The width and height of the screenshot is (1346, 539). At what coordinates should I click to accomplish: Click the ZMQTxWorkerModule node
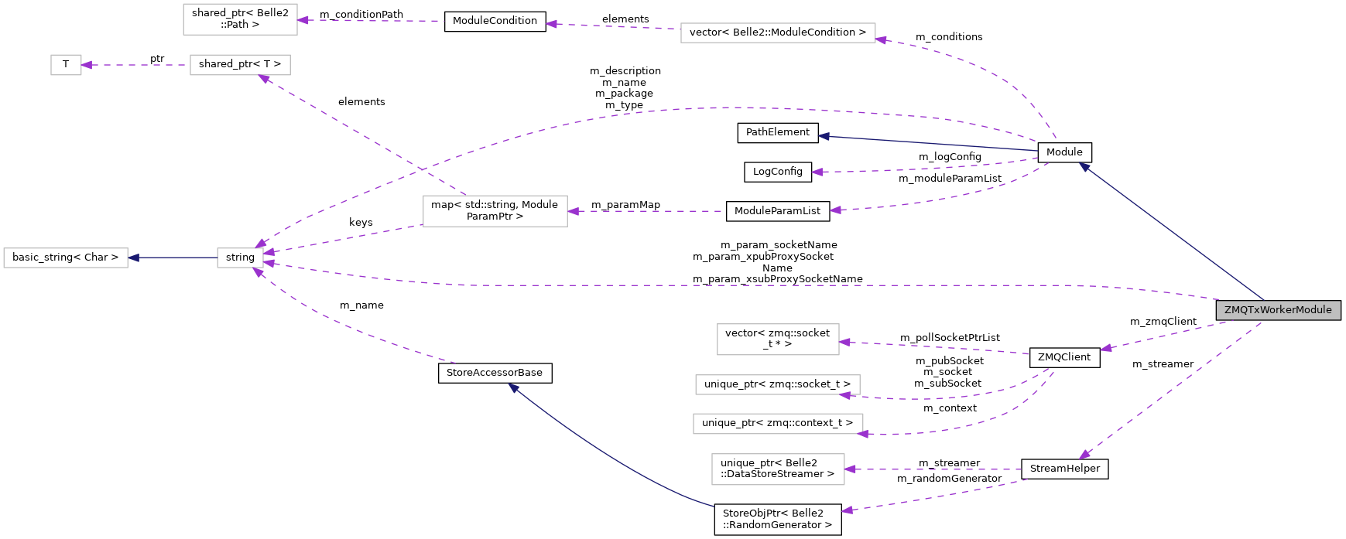1278,310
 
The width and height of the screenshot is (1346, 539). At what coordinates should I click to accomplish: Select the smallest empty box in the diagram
66,65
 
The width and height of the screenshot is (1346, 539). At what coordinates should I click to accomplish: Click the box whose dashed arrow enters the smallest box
240,65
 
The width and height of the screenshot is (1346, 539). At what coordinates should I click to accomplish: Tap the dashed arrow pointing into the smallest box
135,65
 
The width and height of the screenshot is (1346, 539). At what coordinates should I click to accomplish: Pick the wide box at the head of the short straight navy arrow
66,258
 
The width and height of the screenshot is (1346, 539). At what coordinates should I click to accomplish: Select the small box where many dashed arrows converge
240,258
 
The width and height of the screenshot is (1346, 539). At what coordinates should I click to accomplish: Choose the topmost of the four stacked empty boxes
778,339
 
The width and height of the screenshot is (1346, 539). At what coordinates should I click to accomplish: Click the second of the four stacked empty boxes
777,384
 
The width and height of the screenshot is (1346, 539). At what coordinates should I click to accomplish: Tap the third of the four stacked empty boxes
778,424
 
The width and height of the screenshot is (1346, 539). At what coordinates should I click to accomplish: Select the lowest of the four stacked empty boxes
778,469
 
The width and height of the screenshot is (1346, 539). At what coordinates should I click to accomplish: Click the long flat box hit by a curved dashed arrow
778,32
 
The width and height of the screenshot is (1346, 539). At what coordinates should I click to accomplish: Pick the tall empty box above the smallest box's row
240,19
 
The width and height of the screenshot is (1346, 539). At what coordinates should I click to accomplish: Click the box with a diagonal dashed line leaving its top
495,211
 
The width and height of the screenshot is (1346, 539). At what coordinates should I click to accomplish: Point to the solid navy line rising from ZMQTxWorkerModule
1173,232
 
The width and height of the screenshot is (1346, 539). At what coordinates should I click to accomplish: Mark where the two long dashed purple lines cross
422,169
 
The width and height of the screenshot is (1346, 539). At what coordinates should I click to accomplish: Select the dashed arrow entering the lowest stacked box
929,469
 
